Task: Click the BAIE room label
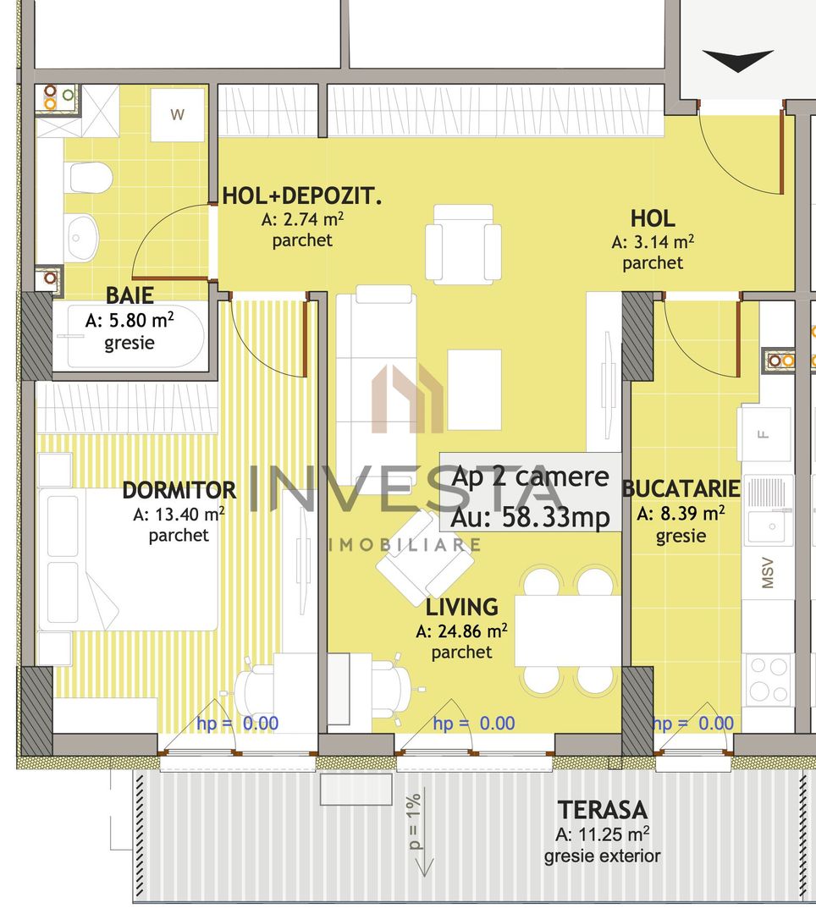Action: (x=130, y=295)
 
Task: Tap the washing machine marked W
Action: (x=178, y=115)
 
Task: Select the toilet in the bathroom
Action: (x=89, y=177)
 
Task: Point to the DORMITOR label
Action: (x=179, y=490)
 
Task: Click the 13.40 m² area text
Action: (x=179, y=514)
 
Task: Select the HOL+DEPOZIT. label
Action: (x=302, y=197)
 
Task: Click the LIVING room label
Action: (x=461, y=607)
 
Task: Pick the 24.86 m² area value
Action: (x=461, y=630)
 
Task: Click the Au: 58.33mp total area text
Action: (x=531, y=517)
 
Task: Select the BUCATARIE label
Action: (x=681, y=489)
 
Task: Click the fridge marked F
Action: (x=765, y=434)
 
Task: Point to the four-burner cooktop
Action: (x=768, y=679)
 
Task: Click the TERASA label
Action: (x=602, y=810)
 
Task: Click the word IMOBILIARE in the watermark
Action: (x=405, y=544)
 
